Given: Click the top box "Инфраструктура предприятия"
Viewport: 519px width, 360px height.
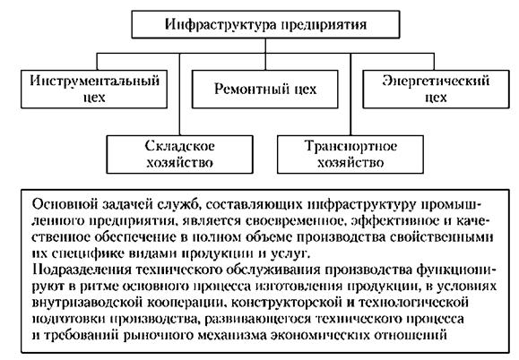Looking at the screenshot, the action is (265, 24).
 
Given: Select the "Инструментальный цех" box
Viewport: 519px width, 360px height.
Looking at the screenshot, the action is (94, 89).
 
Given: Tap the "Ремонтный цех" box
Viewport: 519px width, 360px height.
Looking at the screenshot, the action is (265, 89).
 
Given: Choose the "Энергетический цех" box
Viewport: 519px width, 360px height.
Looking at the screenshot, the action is (436, 89).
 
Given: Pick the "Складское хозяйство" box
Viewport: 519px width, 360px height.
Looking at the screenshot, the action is (180, 154).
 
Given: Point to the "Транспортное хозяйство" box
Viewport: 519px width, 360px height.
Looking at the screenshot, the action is (350, 154).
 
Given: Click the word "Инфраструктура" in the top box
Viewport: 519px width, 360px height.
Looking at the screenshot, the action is (221, 25).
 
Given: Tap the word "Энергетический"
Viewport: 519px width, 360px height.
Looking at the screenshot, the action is (436, 81).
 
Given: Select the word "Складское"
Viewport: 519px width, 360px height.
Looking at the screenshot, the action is (180, 146).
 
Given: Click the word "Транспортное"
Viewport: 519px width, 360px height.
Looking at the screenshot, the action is (350, 147).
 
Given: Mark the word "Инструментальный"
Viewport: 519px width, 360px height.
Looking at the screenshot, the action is (94, 81).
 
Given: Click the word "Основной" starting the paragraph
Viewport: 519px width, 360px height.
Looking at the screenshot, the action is (65, 204).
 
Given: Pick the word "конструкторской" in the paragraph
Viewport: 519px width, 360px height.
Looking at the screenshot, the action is (286, 303).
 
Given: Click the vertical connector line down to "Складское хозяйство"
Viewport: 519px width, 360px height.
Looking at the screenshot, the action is (180, 94).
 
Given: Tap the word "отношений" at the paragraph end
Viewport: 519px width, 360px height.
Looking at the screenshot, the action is (411, 335).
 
